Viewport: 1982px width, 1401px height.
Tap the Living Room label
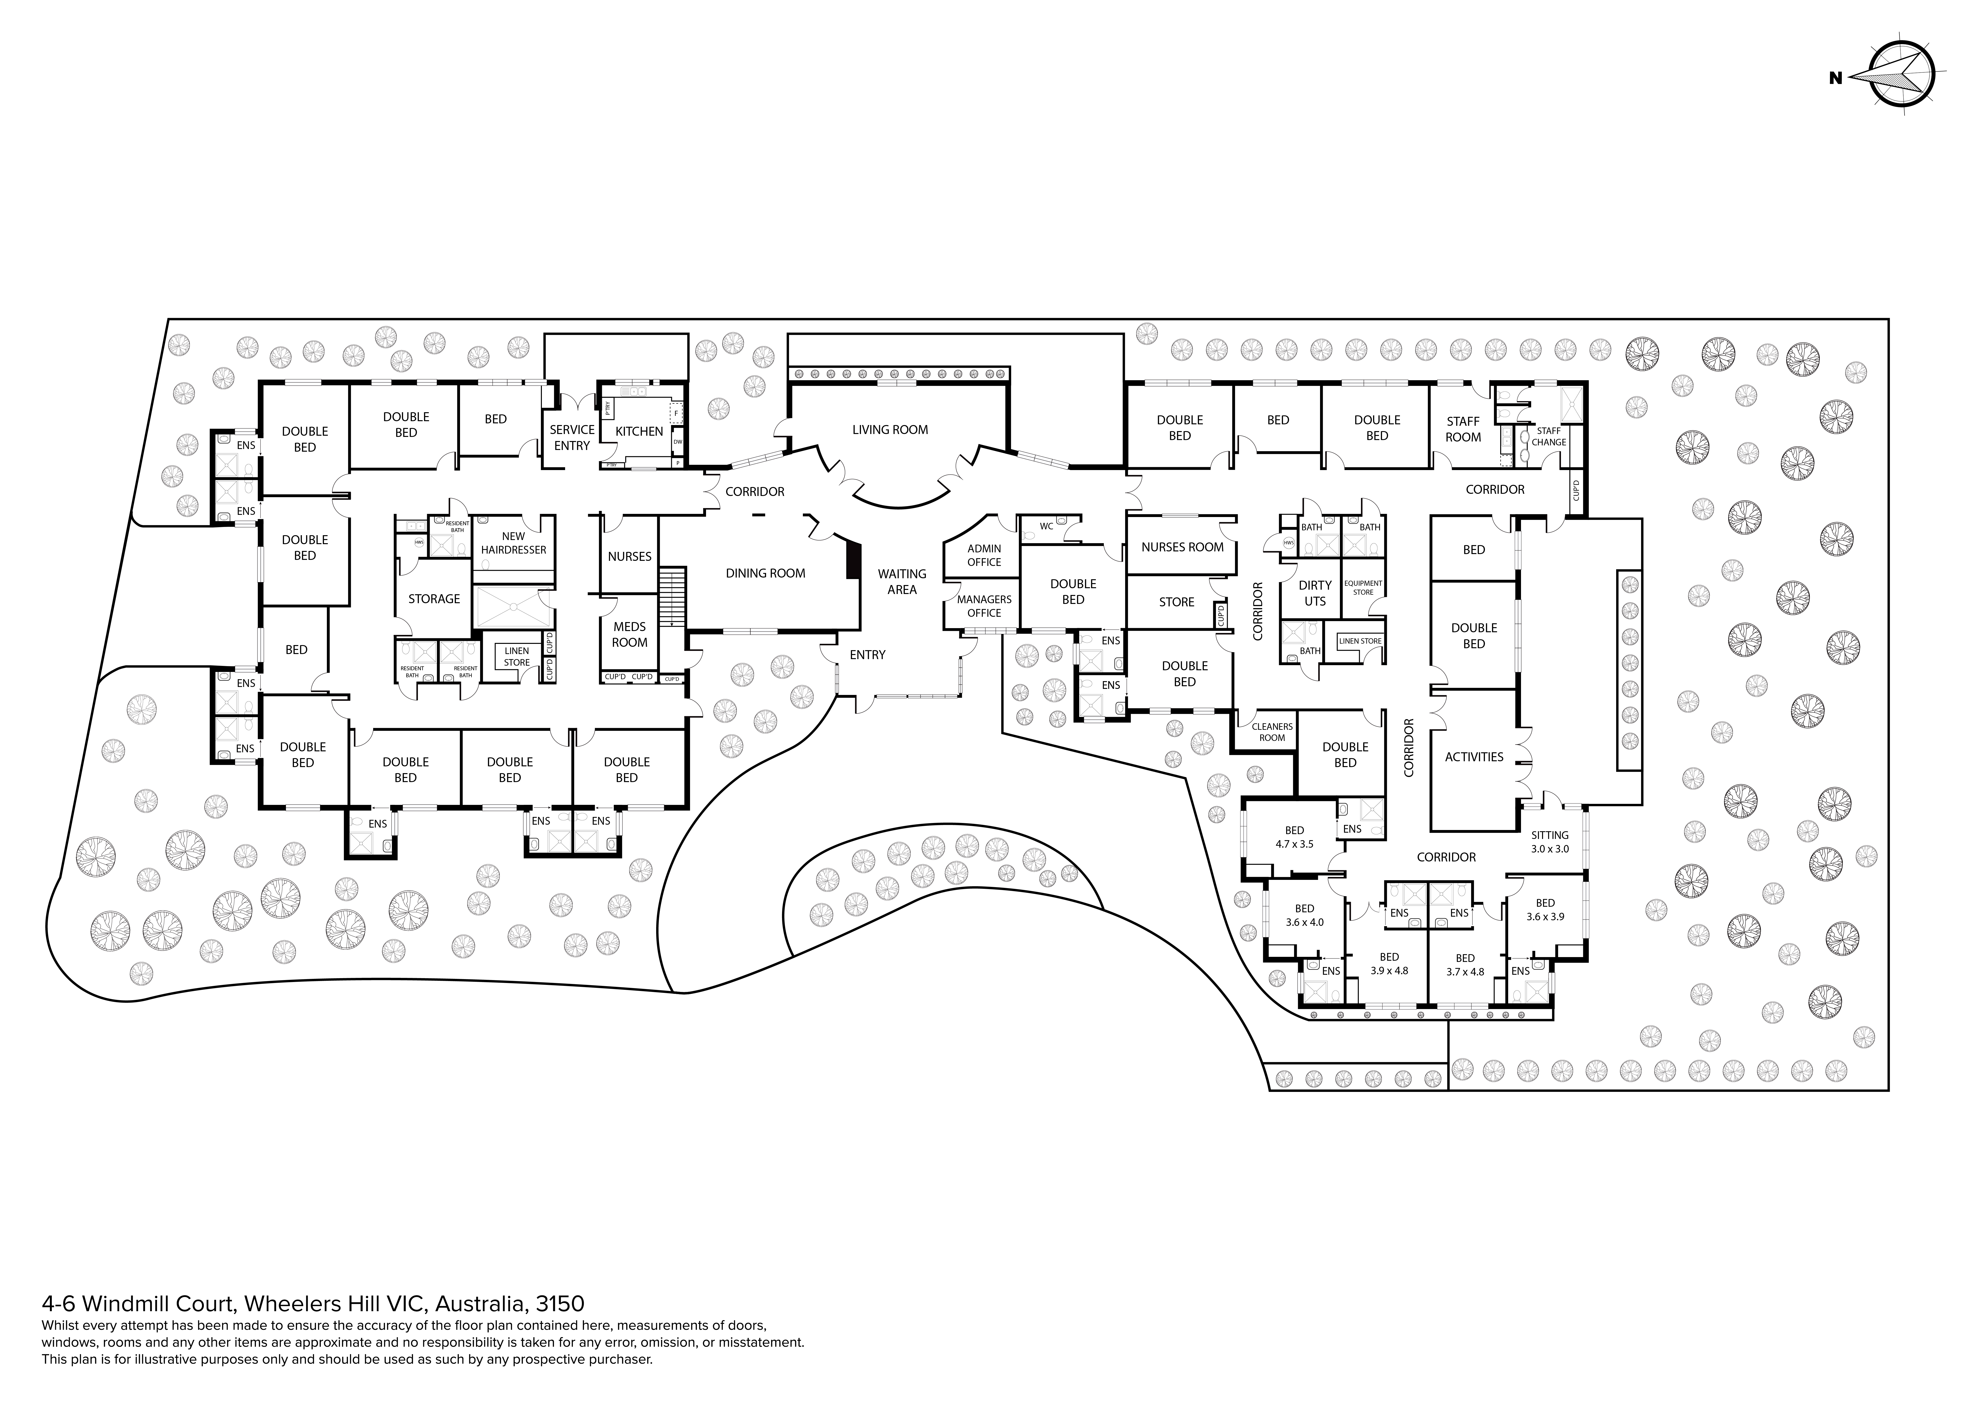890,429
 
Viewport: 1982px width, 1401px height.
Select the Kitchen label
639,431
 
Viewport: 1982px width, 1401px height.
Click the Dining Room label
765,573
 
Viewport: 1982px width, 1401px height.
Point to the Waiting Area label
902,581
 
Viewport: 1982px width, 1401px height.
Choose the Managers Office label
984,606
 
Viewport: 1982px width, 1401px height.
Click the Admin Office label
984,555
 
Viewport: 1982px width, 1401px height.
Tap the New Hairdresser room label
514,543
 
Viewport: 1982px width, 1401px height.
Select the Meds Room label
629,634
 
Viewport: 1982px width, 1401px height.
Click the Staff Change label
1549,436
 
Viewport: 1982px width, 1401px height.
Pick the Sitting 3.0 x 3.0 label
1550,842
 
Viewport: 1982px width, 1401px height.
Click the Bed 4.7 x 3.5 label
1294,837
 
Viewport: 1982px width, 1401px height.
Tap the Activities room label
1474,757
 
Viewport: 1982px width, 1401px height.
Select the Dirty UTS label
1315,593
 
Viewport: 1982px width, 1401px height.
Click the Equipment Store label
1363,587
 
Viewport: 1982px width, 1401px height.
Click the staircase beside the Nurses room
672,597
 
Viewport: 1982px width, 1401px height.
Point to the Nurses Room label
1182,546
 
